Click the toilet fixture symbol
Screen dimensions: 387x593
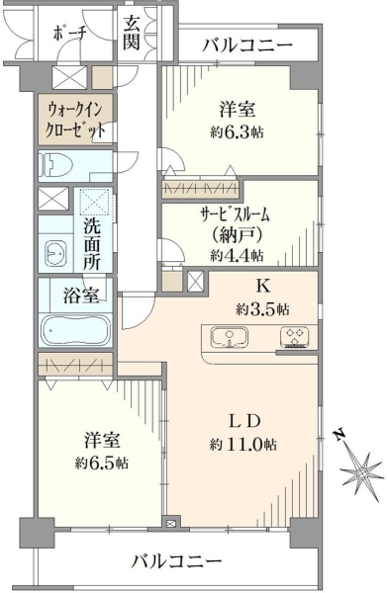(x=58, y=164)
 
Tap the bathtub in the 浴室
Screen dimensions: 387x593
(x=76, y=330)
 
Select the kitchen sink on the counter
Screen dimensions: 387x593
(x=229, y=337)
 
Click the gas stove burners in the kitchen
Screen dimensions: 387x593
(x=295, y=337)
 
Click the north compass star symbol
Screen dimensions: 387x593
(x=360, y=472)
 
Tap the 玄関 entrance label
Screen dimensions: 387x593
(x=132, y=33)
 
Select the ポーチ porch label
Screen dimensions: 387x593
(x=69, y=35)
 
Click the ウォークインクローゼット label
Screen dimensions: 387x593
(x=75, y=121)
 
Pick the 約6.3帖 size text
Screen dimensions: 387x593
(x=237, y=132)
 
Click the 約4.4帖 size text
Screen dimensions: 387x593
(x=237, y=256)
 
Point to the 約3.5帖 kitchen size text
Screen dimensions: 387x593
(x=263, y=309)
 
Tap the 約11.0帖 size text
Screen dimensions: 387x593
(x=243, y=444)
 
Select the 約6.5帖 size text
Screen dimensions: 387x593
(x=101, y=463)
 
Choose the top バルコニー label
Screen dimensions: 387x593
(x=247, y=45)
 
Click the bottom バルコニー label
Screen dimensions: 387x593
(x=176, y=560)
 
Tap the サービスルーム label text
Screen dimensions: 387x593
(x=235, y=215)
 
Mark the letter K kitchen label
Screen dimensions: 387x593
(x=263, y=287)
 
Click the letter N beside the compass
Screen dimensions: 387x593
(x=339, y=435)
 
